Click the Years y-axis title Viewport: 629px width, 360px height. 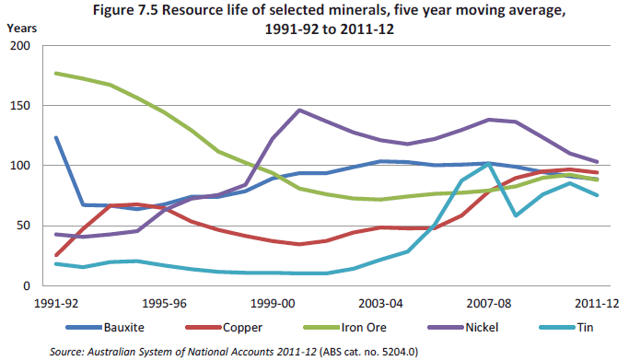click(21, 27)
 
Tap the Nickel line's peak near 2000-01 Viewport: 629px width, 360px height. click(300, 110)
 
